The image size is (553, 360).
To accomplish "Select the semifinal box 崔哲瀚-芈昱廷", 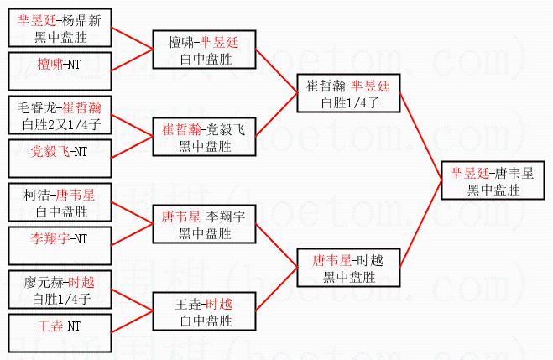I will coord(348,94).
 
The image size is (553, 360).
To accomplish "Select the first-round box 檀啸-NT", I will coord(62,65).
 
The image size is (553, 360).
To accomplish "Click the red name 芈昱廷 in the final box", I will coord(467,174).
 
